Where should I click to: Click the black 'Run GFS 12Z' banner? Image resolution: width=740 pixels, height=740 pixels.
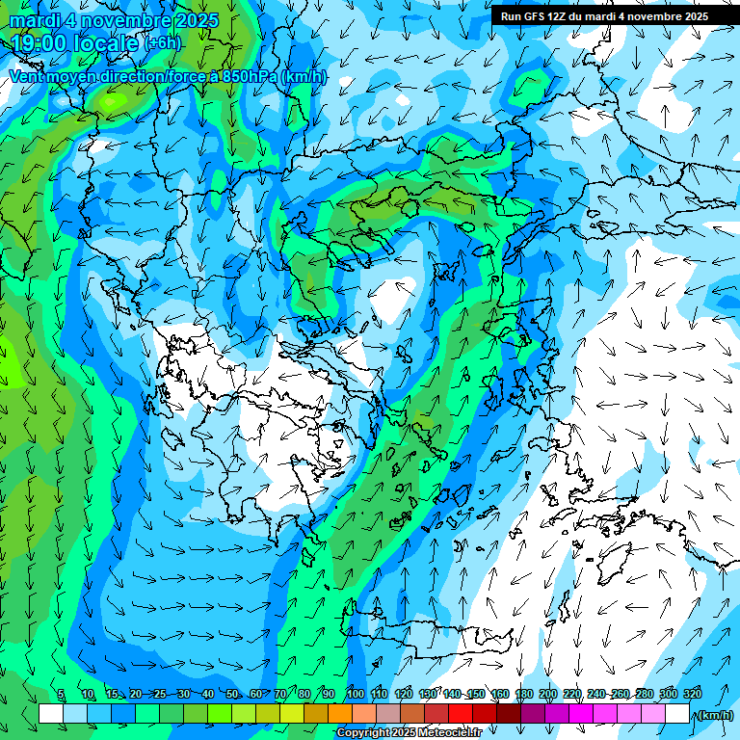(x=604, y=15)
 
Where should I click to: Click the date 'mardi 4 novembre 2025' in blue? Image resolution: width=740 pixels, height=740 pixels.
(x=114, y=20)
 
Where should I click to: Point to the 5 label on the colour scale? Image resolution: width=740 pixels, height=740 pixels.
(x=61, y=695)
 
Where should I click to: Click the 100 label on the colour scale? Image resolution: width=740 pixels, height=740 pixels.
(x=355, y=695)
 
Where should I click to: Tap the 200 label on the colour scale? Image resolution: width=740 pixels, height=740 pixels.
(x=548, y=695)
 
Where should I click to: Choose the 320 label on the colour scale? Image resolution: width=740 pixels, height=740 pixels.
(x=692, y=695)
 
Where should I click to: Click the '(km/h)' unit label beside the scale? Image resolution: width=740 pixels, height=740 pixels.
(x=716, y=715)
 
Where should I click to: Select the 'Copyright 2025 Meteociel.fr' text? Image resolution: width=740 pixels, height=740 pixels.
(x=409, y=733)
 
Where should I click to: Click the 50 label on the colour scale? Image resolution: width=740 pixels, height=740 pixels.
(x=232, y=695)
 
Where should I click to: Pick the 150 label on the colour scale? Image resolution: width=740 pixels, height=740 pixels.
(x=476, y=695)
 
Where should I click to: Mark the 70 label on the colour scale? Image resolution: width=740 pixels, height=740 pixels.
(x=280, y=695)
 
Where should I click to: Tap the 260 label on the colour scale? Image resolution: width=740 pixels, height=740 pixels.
(x=621, y=695)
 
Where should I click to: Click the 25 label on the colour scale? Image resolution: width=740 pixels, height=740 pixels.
(x=160, y=695)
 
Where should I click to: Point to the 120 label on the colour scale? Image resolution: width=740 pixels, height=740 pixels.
(x=404, y=695)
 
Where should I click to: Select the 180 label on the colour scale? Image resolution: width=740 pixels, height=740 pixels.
(x=524, y=695)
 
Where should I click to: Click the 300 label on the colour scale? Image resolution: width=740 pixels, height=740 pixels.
(x=669, y=695)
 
